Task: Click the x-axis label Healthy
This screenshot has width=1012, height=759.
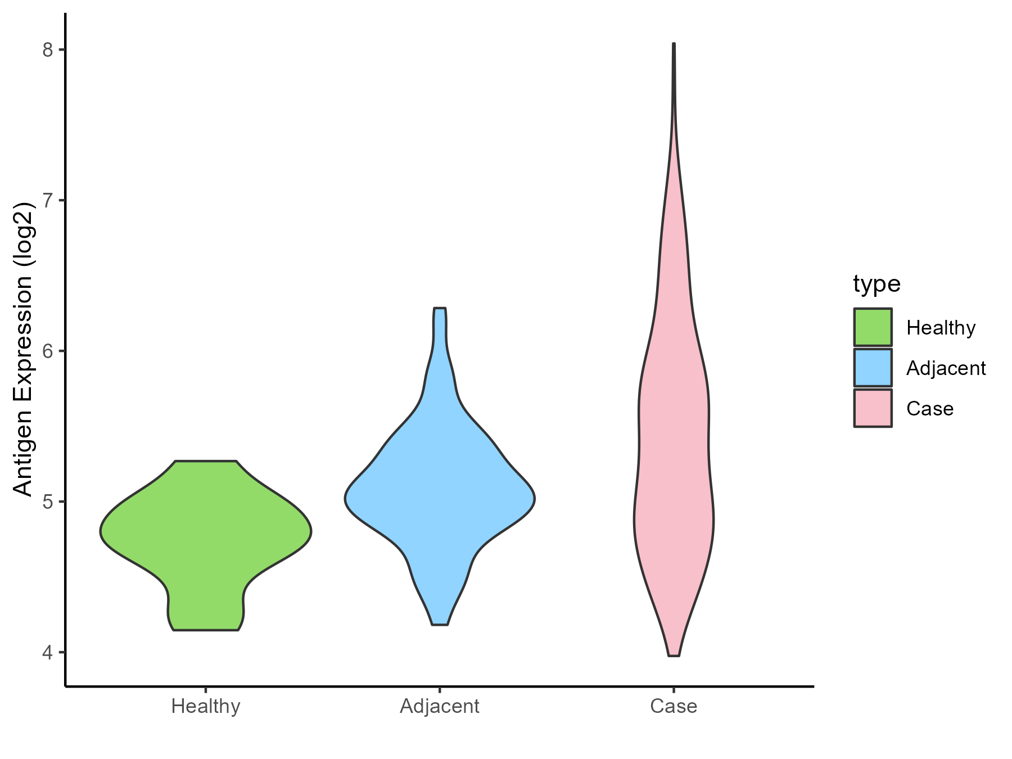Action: (x=206, y=706)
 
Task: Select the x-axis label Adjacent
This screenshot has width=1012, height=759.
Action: (x=440, y=706)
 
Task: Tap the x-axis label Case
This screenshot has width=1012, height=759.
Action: (x=674, y=706)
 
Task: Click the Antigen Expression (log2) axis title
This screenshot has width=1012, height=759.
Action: (x=24, y=349)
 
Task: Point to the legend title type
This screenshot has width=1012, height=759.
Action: (x=877, y=284)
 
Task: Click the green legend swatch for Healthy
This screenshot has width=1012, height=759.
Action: (x=873, y=327)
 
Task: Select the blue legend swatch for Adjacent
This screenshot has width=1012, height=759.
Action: (x=873, y=368)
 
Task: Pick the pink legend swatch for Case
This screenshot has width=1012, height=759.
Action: (x=873, y=408)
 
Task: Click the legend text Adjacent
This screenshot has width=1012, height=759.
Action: (x=946, y=368)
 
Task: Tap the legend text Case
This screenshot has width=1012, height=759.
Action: (x=930, y=409)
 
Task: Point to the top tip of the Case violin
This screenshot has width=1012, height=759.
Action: (x=674, y=44)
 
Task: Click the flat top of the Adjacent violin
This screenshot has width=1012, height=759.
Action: (x=440, y=309)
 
